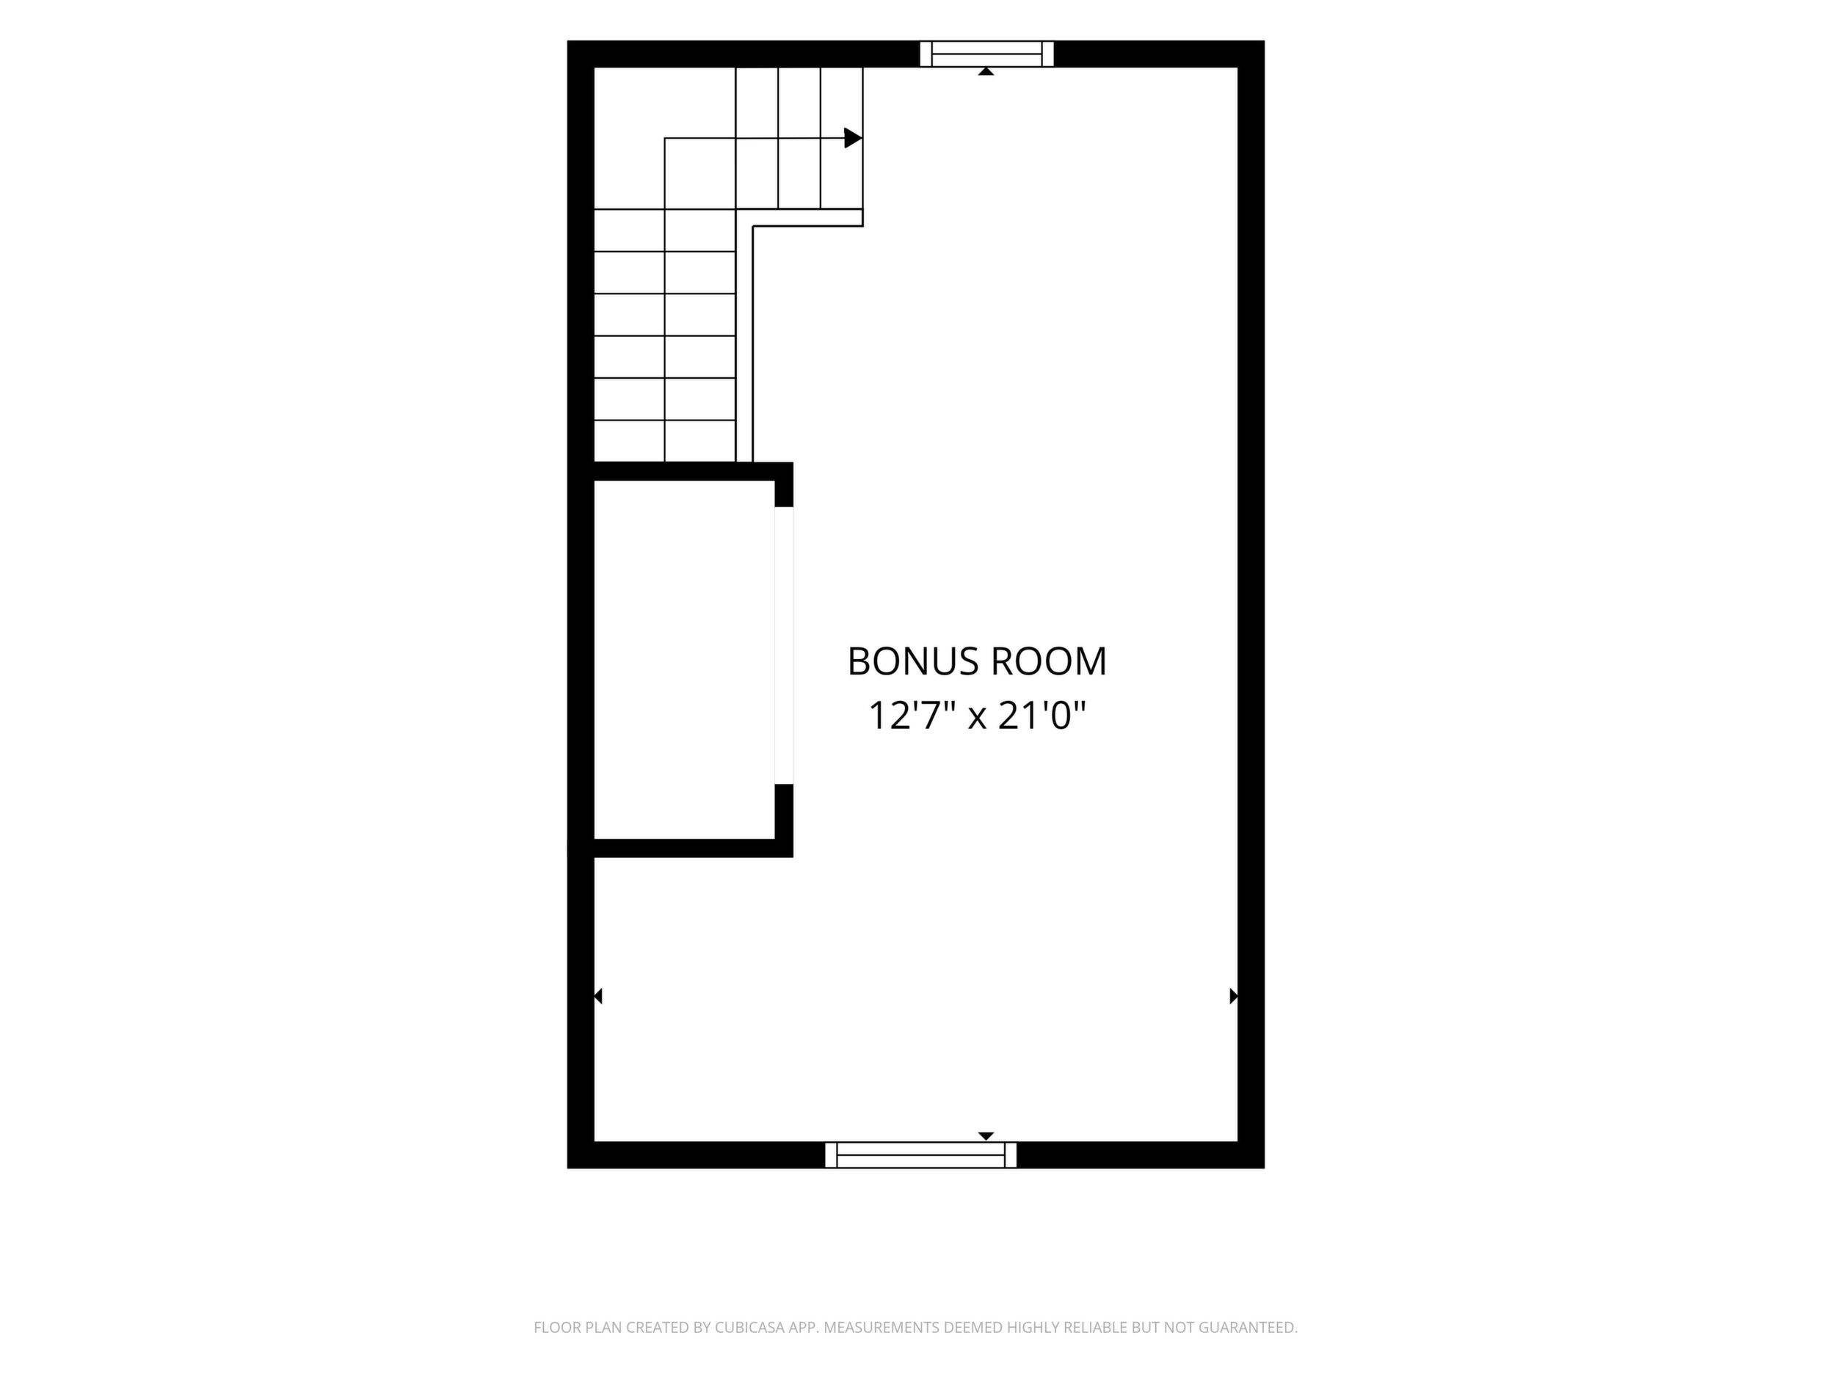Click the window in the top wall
(x=986, y=54)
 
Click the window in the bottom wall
(x=921, y=1155)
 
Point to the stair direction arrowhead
(x=853, y=138)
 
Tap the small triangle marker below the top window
(x=986, y=72)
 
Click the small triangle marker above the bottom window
(x=986, y=1135)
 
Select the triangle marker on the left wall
(x=598, y=996)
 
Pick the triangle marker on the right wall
(x=1234, y=996)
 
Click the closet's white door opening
(x=783, y=645)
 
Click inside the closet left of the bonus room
(x=684, y=659)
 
